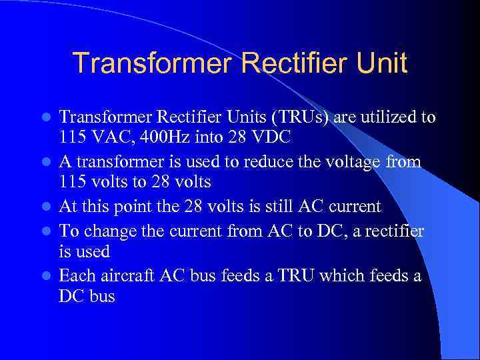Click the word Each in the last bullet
[x=75, y=275]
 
